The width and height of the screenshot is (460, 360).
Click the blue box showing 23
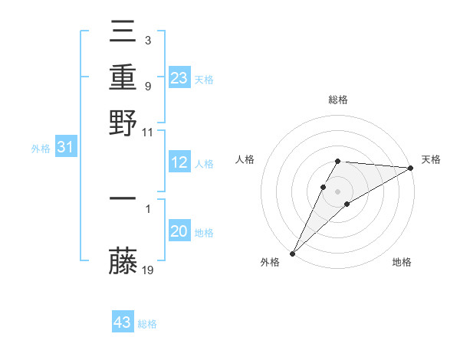tap(179, 77)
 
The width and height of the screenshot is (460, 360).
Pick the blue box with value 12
tap(179, 162)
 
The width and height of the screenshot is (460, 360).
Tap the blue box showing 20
tap(179, 232)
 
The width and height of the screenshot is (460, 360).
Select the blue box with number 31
tap(65, 147)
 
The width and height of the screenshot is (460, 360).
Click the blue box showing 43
tap(123, 322)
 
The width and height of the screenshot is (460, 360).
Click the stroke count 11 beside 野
tap(148, 132)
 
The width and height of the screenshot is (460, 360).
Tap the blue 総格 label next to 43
tap(148, 324)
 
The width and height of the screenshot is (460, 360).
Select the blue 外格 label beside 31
tap(41, 149)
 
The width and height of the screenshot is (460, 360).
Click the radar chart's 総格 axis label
tap(338, 100)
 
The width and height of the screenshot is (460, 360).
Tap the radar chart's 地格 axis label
tap(402, 262)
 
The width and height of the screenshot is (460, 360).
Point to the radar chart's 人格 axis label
tap(245, 159)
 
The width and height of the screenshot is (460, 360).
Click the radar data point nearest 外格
tap(292, 254)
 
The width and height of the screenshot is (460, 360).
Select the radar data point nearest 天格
tap(411, 168)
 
